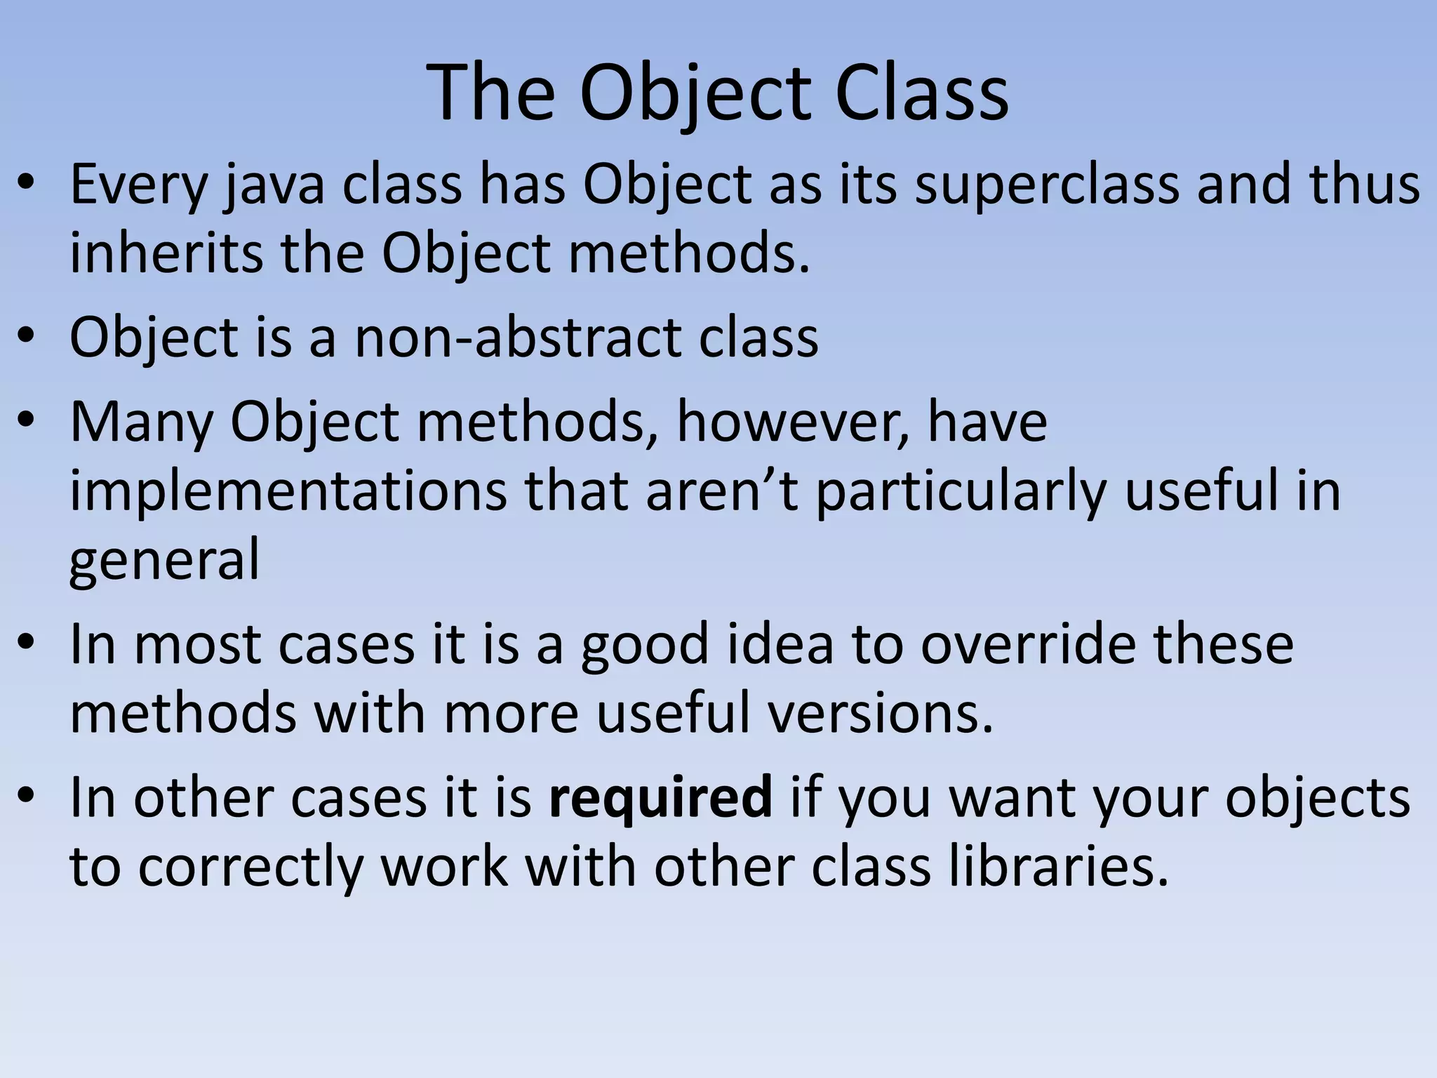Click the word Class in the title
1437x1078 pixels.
pos(921,93)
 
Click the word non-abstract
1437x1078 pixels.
pos(518,338)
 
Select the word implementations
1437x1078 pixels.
pos(288,491)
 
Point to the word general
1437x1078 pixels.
pos(164,560)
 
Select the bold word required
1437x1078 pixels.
pos(660,798)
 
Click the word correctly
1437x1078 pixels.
pos(250,867)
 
